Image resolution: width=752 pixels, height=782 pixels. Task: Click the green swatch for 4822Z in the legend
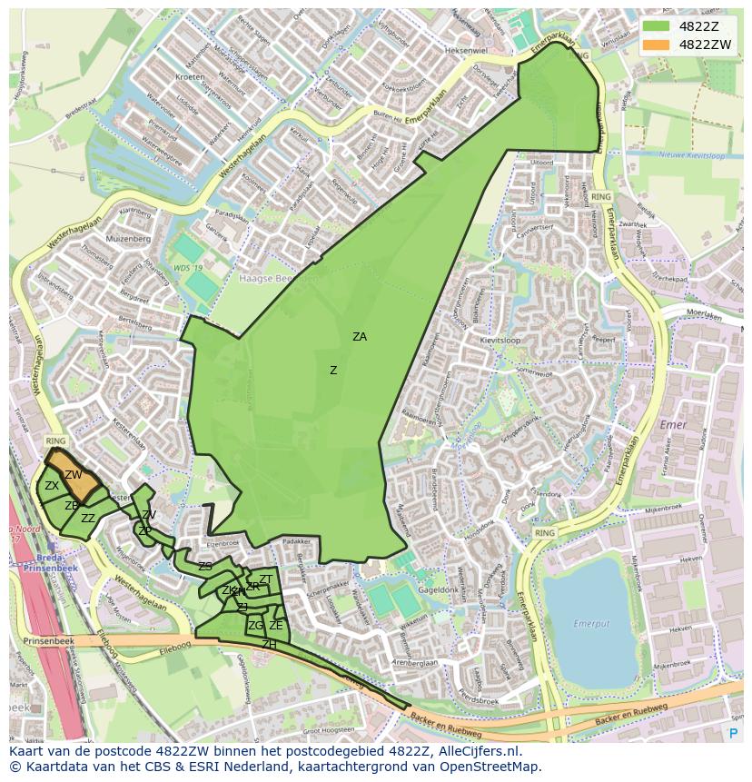click(655, 26)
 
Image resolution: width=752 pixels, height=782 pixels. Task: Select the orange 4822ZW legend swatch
click(655, 45)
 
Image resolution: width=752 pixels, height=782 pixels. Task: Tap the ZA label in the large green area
click(360, 337)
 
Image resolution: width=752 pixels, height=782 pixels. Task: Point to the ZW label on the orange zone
click(74, 475)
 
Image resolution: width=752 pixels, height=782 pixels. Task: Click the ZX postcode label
click(52, 487)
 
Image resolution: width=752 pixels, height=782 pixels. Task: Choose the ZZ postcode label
click(88, 519)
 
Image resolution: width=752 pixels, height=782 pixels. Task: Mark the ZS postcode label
click(205, 567)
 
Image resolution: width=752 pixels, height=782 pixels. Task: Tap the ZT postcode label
click(266, 579)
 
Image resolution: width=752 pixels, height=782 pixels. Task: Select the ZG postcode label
click(255, 626)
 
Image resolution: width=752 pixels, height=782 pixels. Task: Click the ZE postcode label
click(276, 626)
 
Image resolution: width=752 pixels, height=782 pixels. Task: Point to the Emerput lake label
click(591, 623)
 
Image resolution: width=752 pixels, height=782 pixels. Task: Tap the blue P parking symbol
click(733, 732)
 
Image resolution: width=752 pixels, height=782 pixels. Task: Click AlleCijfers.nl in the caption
click(480, 752)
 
